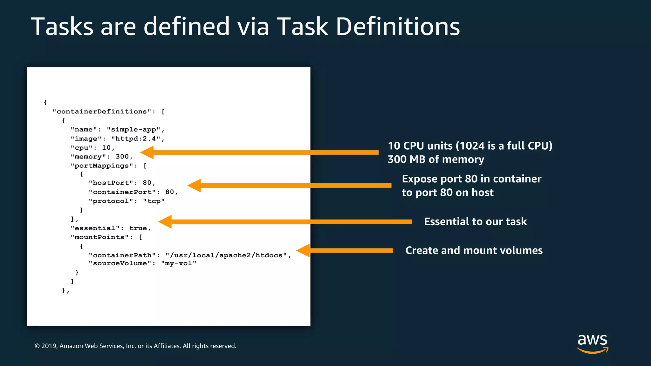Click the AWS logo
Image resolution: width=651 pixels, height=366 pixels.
[x=593, y=343]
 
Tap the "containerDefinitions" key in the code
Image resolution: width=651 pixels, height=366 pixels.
[x=102, y=112]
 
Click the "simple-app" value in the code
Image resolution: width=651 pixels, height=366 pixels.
[x=134, y=130]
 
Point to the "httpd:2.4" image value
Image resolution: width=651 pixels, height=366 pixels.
[x=136, y=139]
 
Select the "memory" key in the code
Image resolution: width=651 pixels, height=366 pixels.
[x=88, y=157]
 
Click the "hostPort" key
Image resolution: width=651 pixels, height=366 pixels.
[x=111, y=183]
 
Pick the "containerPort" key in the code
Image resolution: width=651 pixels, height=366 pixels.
[x=122, y=192]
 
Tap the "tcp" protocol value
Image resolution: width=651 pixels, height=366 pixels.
[x=154, y=201]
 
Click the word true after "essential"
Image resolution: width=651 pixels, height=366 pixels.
[x=138, y=228]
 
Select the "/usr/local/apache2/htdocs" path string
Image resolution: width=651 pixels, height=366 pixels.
[x=226, y=255]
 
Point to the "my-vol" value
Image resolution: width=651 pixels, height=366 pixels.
[x=179, y=263]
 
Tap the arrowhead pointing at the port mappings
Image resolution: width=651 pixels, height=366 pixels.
[x=194, y=186]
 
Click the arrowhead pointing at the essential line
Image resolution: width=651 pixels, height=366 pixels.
[x=165, y=222]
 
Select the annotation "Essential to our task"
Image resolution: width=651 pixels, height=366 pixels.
[x=475, y=221]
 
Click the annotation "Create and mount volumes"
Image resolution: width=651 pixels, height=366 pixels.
[x=474, y=250]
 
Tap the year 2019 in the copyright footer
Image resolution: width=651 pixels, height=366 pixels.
[x=49, y=346]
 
